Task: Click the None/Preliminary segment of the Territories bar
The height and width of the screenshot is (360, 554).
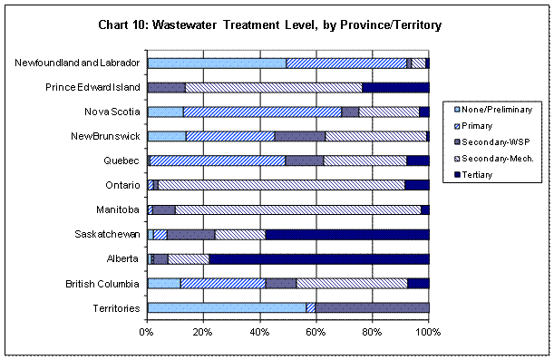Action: click(227, 307)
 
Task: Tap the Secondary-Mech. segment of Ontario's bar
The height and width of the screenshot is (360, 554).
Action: click(281, 185)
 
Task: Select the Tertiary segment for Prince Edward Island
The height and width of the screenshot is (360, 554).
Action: click(395, 87)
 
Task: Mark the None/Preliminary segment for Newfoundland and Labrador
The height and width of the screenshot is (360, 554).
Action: click(217, 63)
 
